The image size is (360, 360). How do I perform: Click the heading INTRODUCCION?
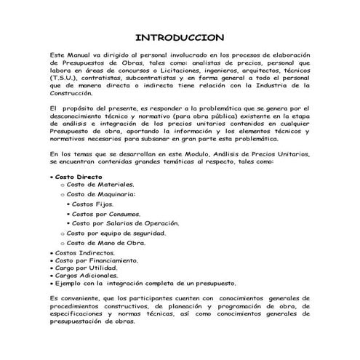[x=180, y=37]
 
